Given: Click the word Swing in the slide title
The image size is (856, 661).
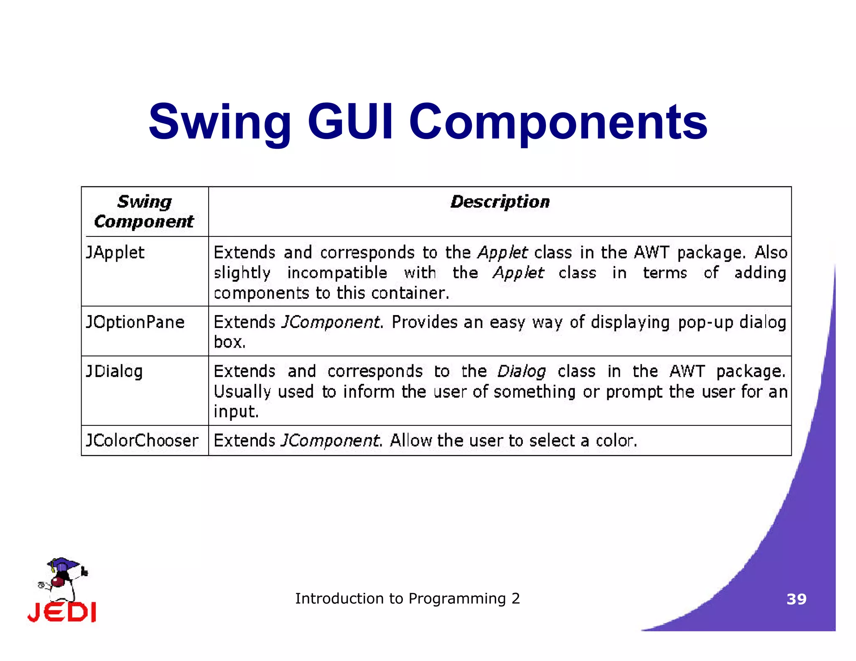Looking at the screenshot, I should coord(220,122).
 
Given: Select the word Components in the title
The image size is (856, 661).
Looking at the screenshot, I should coord(558,122).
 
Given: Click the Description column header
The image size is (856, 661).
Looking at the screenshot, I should coord(500,202).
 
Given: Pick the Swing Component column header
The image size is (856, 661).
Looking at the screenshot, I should coord(144,211).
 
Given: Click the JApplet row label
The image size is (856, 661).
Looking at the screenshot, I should coord(115,253).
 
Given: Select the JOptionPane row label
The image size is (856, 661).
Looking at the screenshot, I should coord(135,322).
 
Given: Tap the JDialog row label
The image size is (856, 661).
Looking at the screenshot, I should coord(114,371).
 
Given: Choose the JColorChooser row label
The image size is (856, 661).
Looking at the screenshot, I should coord(142,440).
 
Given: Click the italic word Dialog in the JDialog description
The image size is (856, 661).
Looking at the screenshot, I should coord(521,371).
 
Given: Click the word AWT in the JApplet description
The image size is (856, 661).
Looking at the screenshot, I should coord(652,252).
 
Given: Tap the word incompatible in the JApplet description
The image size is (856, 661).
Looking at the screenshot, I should coord(337,273).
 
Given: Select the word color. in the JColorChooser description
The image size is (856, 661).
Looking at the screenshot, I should coord(617,440).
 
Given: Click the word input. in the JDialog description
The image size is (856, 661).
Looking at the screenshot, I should coord(236,412).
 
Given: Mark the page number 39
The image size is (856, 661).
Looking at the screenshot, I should coord(796,599).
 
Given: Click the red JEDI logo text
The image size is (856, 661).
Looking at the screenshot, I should coord(62,612).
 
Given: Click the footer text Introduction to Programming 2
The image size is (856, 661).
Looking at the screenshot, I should coord(408,598).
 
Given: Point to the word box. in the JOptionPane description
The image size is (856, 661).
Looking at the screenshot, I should coord(229,342).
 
